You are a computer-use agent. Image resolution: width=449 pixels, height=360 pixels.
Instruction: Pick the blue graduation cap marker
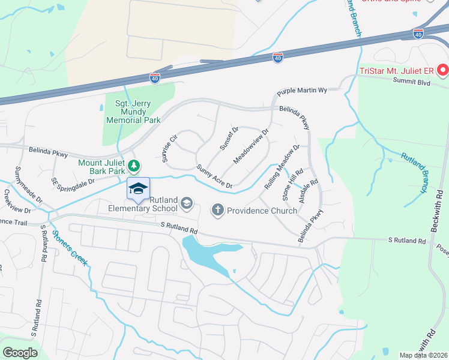(138, 190)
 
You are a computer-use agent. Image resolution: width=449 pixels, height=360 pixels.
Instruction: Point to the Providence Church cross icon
(217, 210)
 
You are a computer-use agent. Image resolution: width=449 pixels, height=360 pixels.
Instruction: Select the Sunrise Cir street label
(169, 148)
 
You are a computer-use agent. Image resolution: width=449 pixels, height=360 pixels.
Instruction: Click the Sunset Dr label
(229, 138)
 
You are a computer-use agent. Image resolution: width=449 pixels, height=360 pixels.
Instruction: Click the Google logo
(20, 352)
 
